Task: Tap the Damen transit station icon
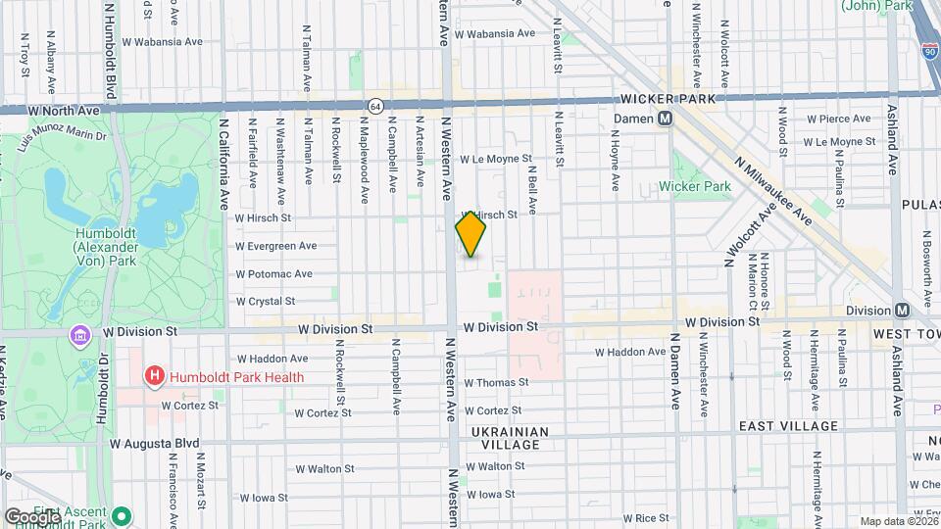point(665,118)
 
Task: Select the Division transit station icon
point(902,310)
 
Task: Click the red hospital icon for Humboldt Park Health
point(154,376)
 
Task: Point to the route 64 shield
point(375,105)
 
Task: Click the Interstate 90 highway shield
point(927,49)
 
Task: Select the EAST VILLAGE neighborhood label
point(788,426)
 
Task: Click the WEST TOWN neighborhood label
point(907,335)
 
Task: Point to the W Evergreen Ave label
point(275,246)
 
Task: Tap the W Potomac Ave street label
point(273,274)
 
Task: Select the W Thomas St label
point(496,383)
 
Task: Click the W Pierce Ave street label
point(838,119)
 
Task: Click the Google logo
point(31,516)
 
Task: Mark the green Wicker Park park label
point(695,186)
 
